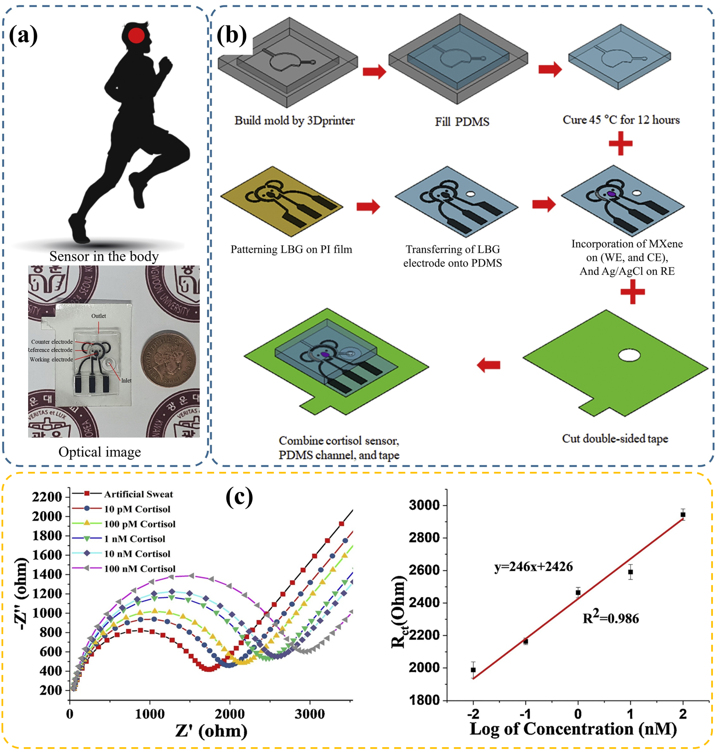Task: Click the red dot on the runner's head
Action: point(136,36)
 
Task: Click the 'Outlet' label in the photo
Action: point(99,316)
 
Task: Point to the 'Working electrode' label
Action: point(51,360)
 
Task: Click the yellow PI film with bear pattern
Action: point(281,201)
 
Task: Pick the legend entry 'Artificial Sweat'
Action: point(138,494)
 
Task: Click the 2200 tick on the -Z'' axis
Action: point(46,497)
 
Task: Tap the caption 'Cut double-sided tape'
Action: point(615,439)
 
